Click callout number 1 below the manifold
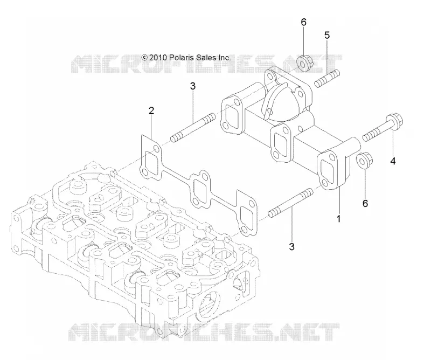[x=339, y=219]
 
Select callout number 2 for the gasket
[x=151, y=111]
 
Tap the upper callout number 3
[x=193, y=86]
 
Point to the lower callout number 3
[x=291, y=247]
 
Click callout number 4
[x=393, y=161]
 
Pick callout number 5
[x=327, y=35]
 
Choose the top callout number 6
[x=303, y=22]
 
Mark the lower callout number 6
[x=365, y=204]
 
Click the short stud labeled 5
[x=327, y=79]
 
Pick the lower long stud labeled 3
[x=290, y=203]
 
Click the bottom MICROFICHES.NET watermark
[x=204, y=332]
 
